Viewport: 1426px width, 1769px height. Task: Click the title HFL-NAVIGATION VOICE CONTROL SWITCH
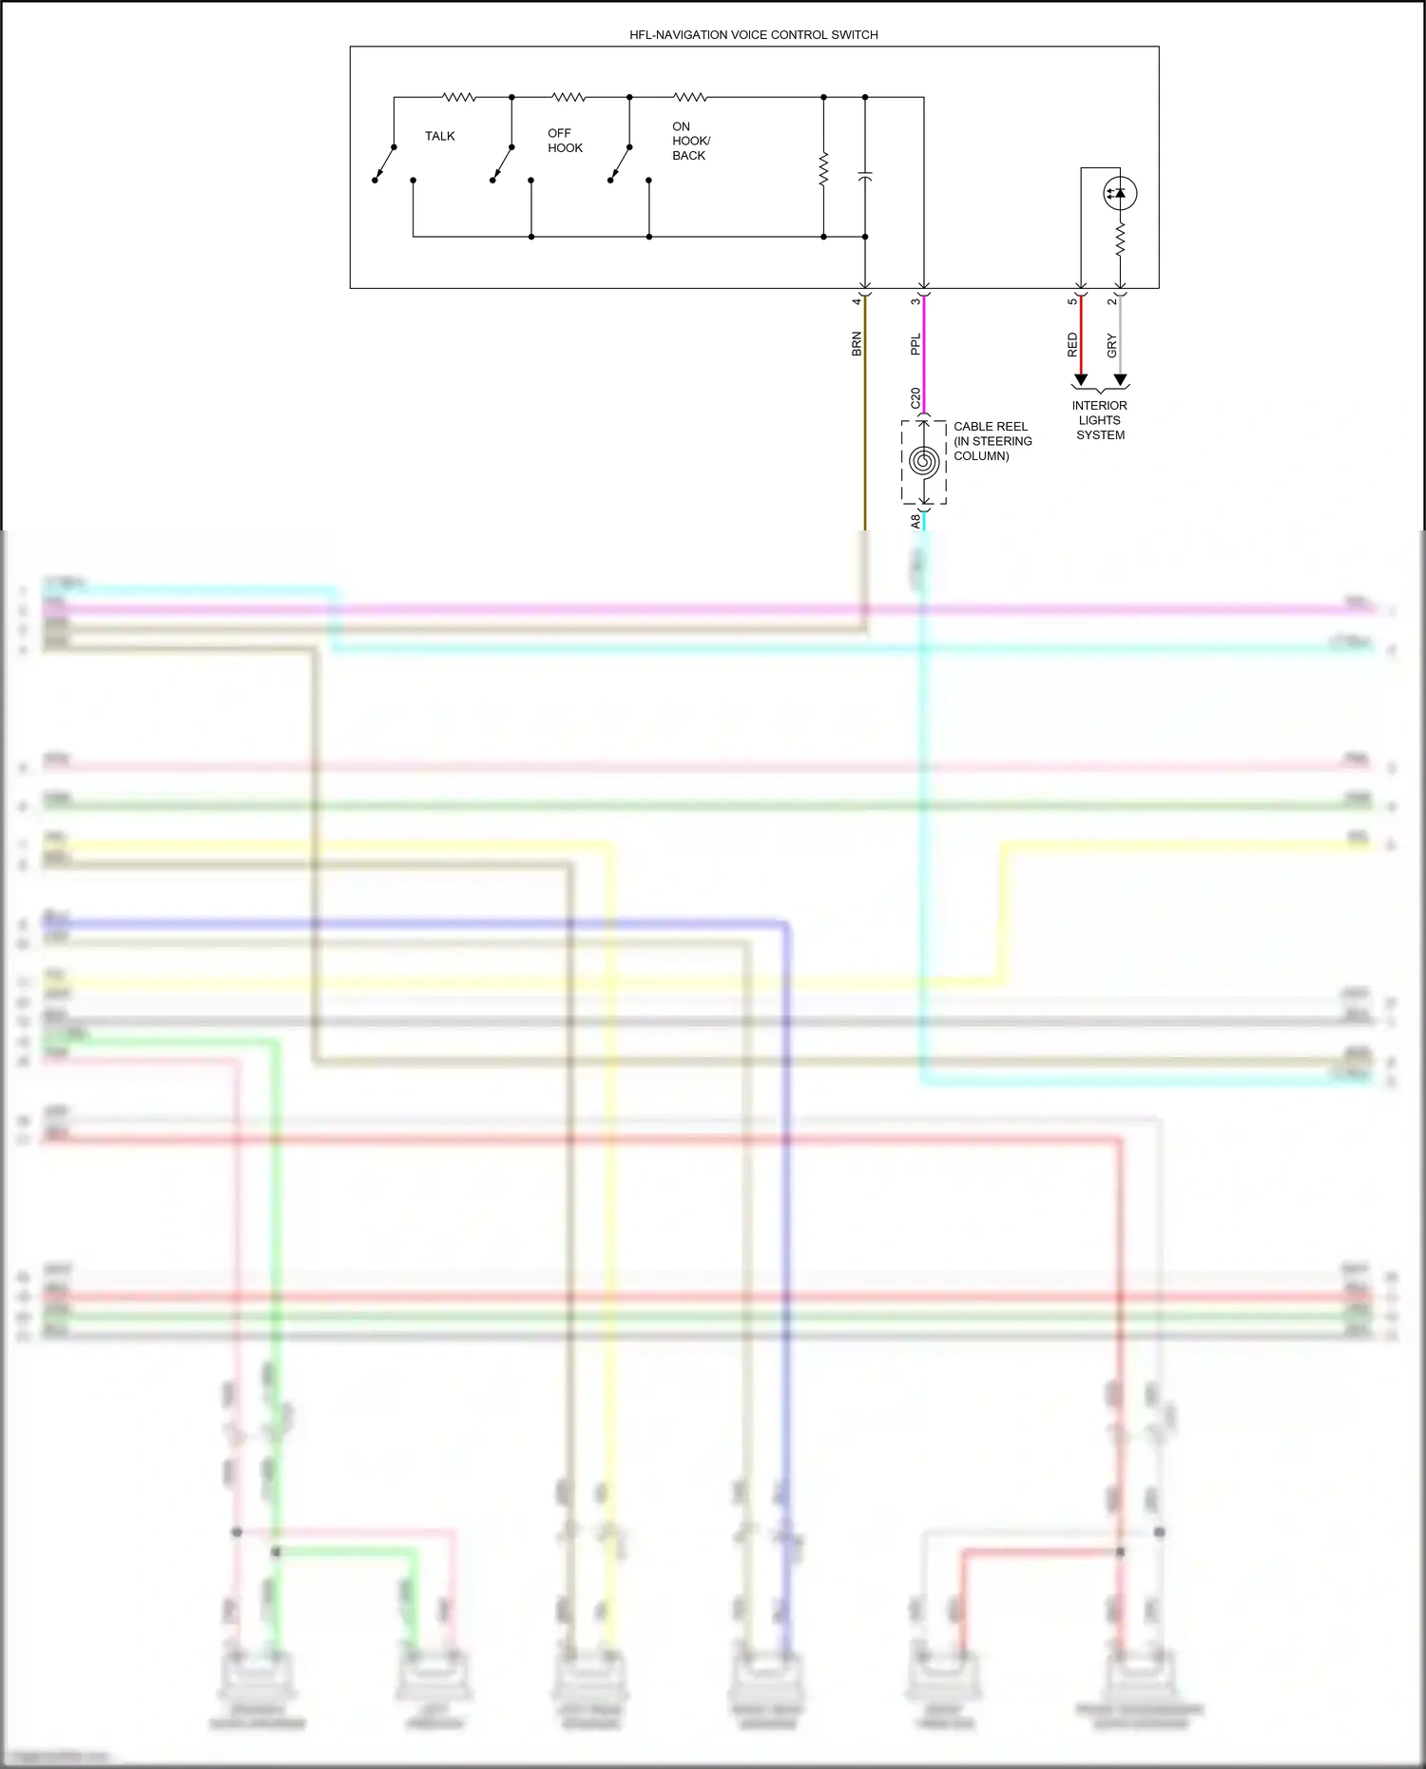click(753, 35)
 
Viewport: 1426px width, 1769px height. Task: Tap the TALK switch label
click(439, 137)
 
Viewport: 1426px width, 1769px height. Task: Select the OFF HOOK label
click(565, 141)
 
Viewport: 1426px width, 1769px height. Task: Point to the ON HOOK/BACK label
click(690, 141)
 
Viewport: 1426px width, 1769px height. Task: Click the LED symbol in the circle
click(1120, 193)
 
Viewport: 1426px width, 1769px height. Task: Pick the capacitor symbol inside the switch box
click(865, 178)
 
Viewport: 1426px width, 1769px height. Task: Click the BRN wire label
click(857, 344)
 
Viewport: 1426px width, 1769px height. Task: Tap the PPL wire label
click(915, 344)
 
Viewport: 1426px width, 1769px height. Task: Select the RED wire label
click(1072, 345)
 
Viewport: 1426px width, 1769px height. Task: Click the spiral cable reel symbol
click(924, 462)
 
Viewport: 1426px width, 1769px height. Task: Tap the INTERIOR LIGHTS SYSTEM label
click(1100, 420)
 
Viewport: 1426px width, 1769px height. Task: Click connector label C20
click(915, 398)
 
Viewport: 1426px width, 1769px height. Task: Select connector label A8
click(915, 521)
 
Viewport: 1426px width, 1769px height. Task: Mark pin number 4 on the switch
click(857, 301)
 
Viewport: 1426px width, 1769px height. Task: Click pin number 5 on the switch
click(1072, 301)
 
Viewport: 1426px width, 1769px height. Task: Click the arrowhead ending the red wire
click(1081, 380)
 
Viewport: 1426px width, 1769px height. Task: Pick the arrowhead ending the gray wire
click(1121, 380)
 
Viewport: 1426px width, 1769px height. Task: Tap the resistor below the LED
click(1121, 239)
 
